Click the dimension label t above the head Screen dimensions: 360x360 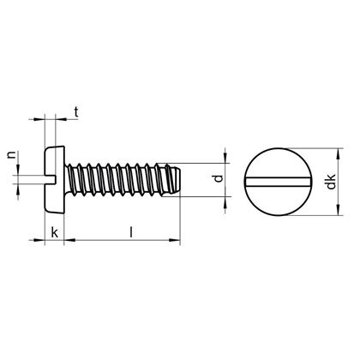[x=77, y=111]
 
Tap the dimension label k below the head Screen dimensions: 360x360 [x=55, y=232]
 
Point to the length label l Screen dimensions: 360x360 [x=129, y=231]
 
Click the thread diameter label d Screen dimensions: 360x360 [x=219, y=179]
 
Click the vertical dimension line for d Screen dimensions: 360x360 [x=226, y=179]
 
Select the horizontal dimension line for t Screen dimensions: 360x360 [x=53, y=117]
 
